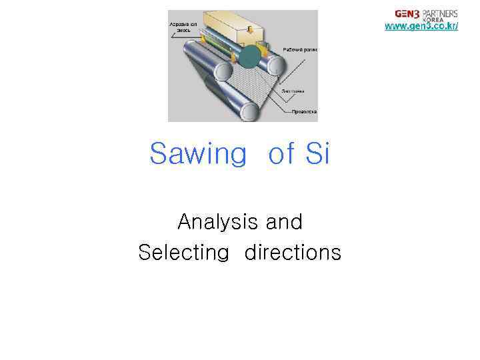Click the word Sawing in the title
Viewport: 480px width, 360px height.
click(x=198, y=154)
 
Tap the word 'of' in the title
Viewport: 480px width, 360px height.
click(x=283, y=154)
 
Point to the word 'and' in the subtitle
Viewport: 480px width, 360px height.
click(x=284, y=221)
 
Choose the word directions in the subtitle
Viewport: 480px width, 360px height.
click(x=293, y=253)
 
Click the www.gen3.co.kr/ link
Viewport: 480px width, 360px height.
click(x=421, y=26)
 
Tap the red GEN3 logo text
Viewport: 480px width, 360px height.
click(x=407, y=13)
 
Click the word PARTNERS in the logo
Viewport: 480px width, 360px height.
click(x=440, y=12)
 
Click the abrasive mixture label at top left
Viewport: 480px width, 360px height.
click(x=180, y=26)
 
